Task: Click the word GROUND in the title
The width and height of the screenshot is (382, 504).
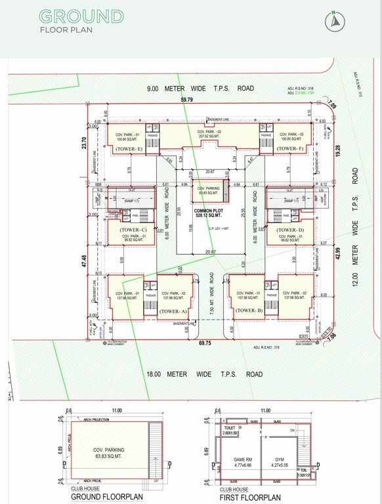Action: pos(81,16)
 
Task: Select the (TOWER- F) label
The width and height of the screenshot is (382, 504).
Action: pos(289,149)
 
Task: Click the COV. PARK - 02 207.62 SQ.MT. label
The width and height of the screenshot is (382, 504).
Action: pos(211,135)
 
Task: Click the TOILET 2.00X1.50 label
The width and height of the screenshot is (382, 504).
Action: pos(231,431)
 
